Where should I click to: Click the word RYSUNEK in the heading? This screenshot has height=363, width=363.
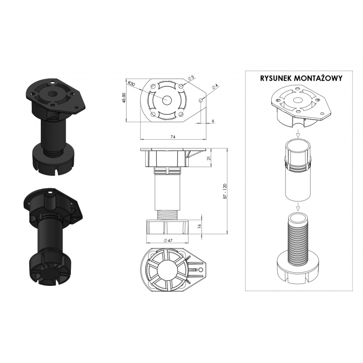point(276,78)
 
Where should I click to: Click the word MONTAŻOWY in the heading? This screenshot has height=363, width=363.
point(318,78)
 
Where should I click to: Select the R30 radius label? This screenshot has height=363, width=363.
point(131,83)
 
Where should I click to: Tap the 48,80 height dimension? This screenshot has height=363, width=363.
point(124,98)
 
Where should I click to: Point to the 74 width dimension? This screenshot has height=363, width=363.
point(173,137)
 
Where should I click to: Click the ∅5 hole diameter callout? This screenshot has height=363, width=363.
point(191,78)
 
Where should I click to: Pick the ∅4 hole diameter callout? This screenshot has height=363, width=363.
point(215,86)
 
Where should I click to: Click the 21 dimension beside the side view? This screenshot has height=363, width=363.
point(208,158)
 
